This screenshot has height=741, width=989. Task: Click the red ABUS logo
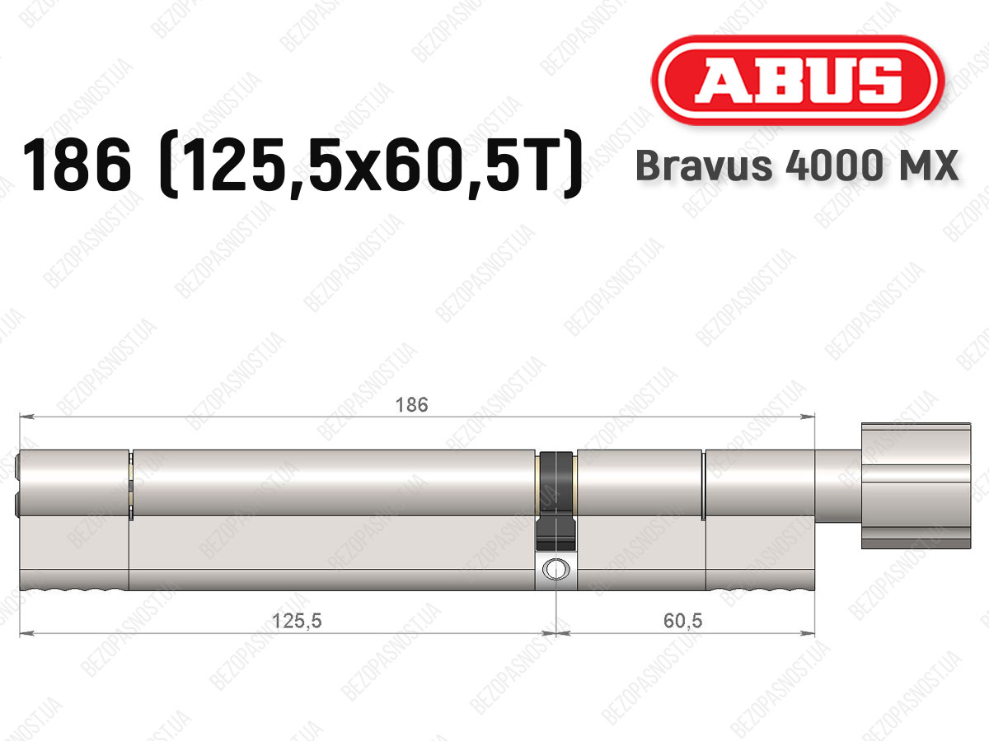point(798,80)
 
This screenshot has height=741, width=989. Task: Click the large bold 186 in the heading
point(77,165)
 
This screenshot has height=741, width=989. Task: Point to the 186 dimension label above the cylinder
point(411,405)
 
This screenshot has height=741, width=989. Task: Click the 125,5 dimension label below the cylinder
point(297,622)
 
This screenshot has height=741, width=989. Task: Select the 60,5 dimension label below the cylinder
point(682,621)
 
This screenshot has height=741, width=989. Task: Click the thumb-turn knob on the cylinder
point(916,486)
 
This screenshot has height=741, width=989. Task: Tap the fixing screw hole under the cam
point(556,569)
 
